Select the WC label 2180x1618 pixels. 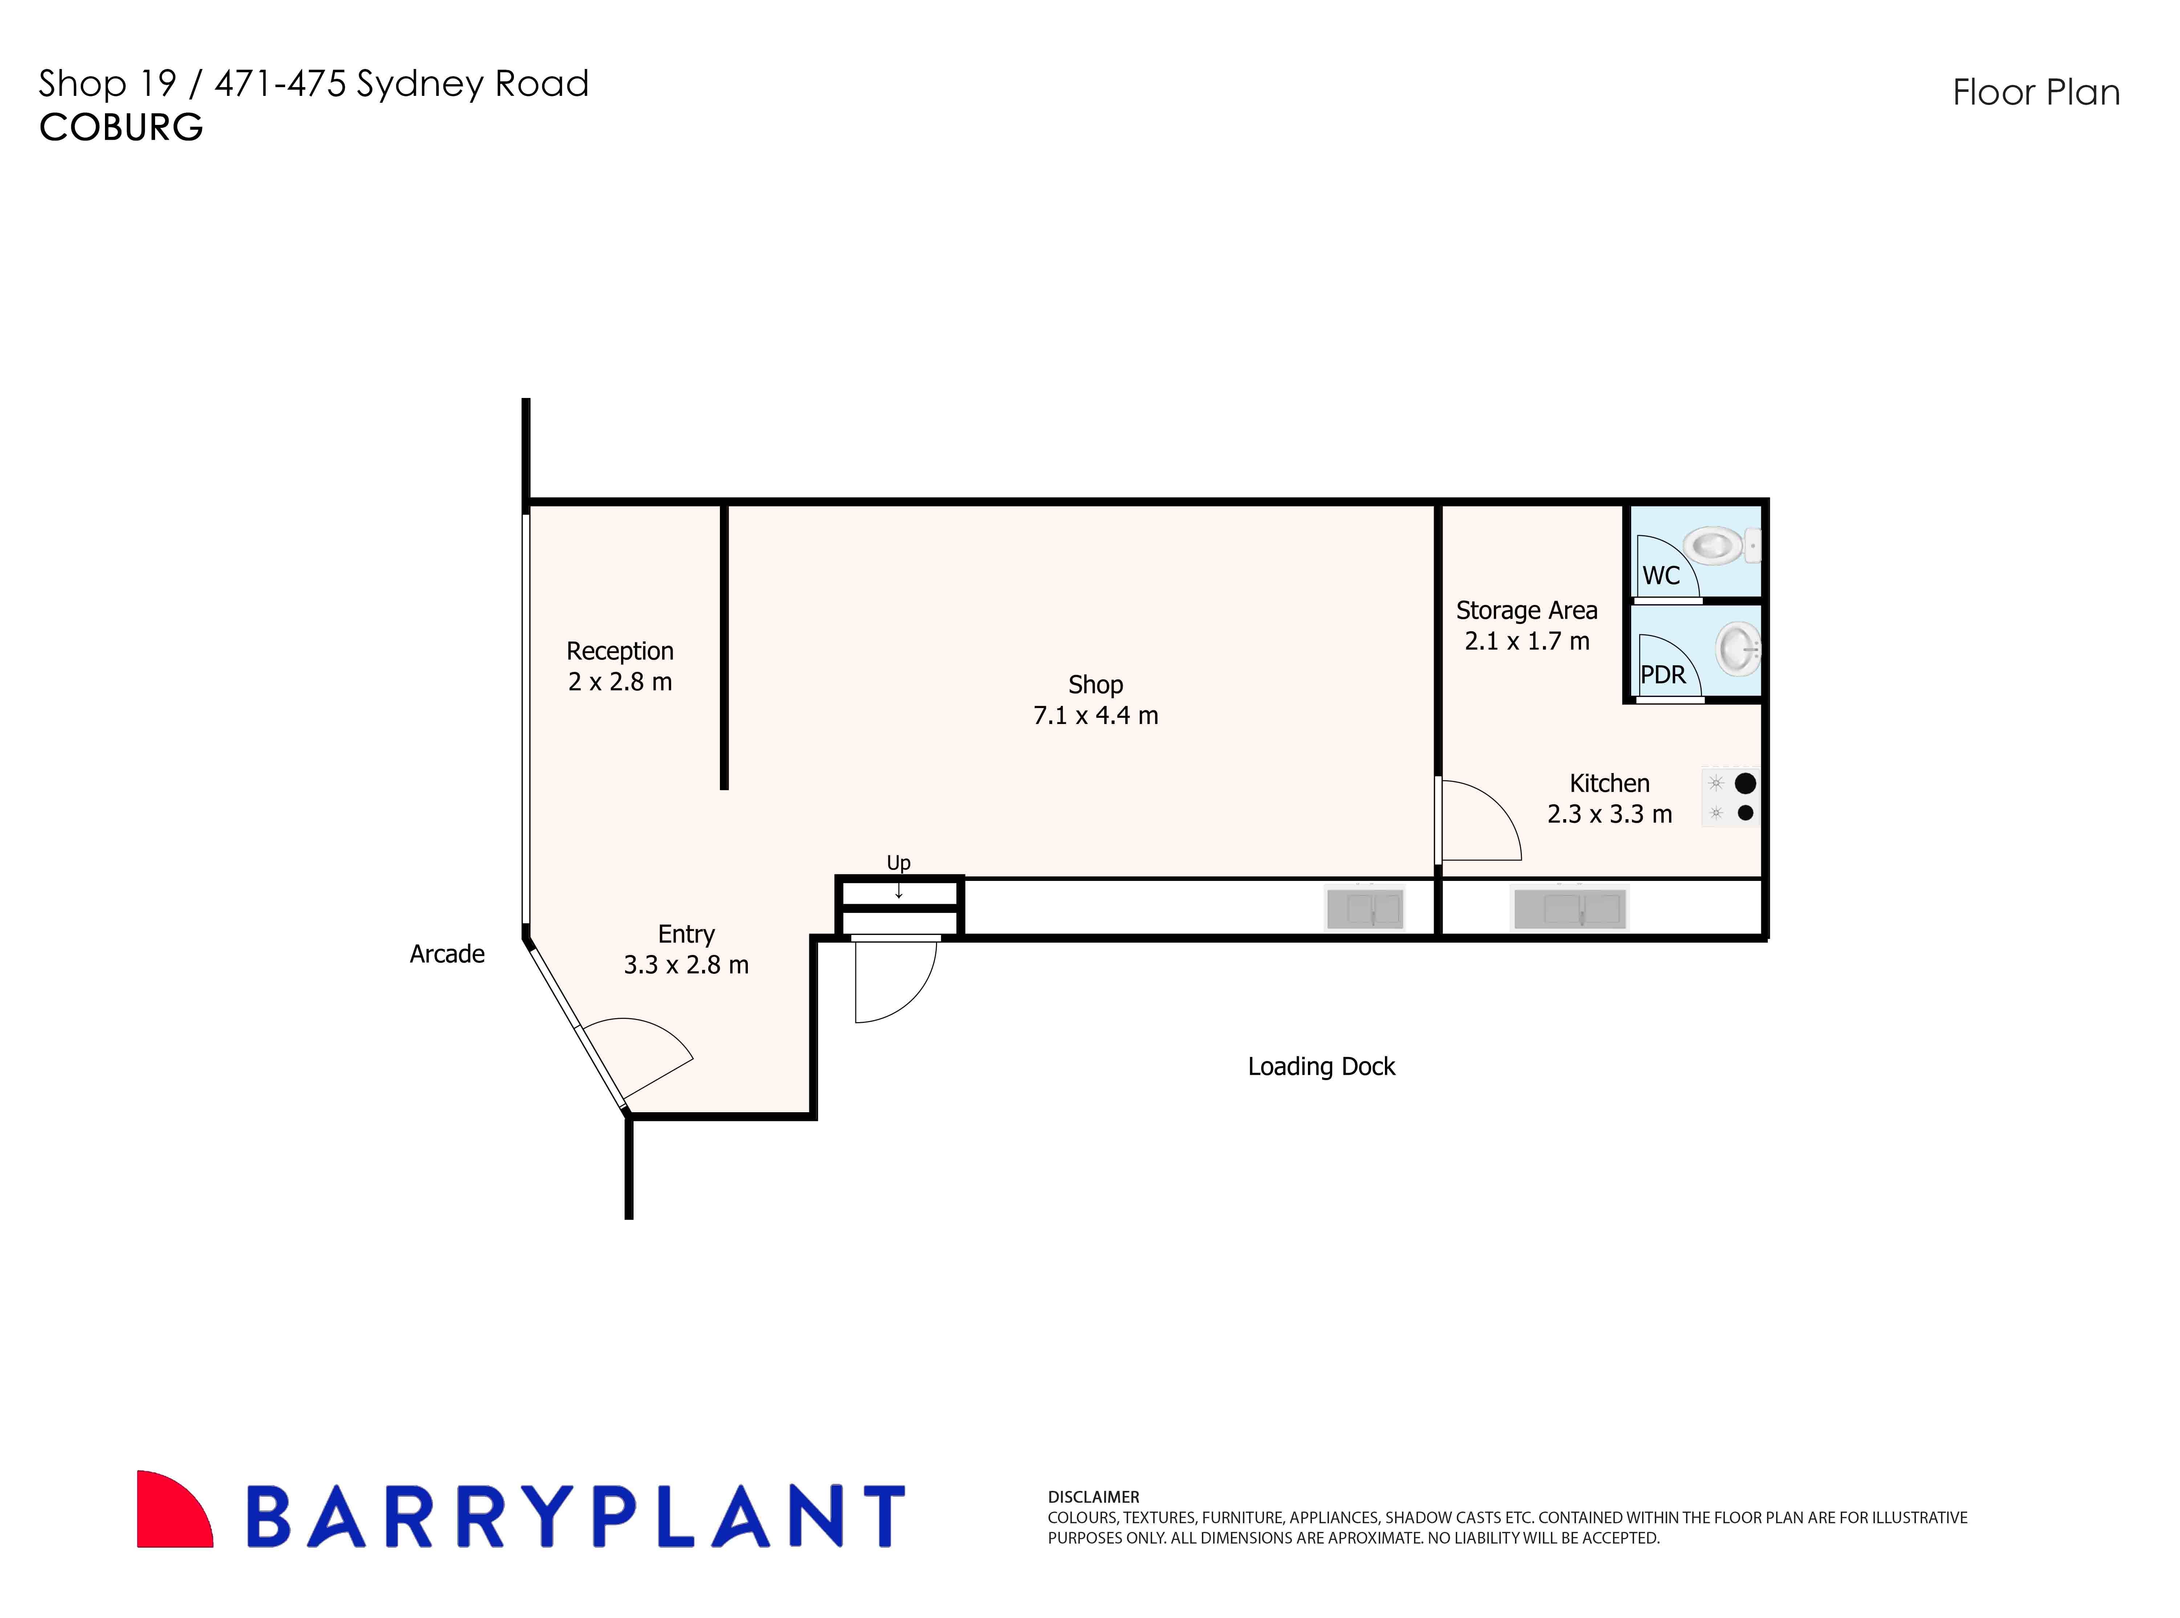point(1661,576)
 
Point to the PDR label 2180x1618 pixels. point(1663,675)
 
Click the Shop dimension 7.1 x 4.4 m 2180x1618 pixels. point(1095,716)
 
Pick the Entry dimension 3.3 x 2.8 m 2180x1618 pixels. point(686,965)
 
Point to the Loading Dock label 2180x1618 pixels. point(1321,1066)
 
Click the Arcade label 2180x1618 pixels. point(447,954)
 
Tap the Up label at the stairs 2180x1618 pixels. point(899,863)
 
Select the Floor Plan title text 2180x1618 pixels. point(2036,93)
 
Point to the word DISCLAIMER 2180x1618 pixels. point(1093,1497)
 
